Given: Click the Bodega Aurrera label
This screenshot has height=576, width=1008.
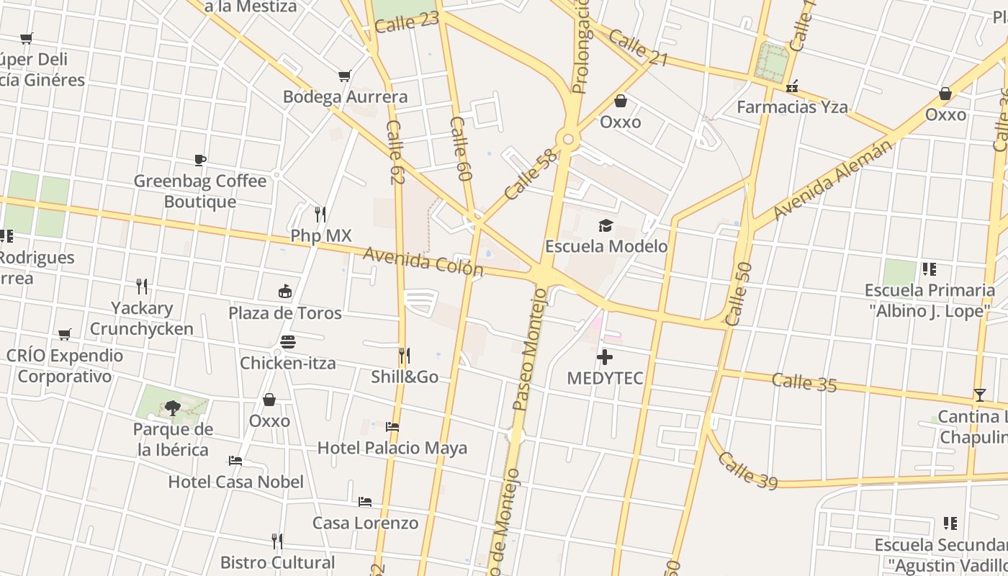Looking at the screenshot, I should pyautogui.click(x=345, y=96).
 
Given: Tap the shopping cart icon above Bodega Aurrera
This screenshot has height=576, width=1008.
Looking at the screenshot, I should pyautogui.click(x=345, y=76).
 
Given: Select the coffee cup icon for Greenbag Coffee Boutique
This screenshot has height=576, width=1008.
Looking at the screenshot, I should pyautogui.click(x=200, y=159).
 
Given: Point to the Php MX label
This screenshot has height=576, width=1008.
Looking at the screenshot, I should pyautogui.click(x=320, y=235).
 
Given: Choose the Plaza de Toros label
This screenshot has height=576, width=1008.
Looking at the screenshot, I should pyautogui.click(x=285, y=313).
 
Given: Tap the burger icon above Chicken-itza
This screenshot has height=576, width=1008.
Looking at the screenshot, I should pyautogui.click(x=288, y=341).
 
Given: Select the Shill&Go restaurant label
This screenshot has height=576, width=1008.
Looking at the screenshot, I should pyautogui.click(x=405, y=377).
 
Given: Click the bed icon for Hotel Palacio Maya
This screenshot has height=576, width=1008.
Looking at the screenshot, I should pyautogui.click(x=392, y=427).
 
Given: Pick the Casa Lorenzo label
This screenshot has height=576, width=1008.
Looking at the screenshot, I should pyautogui.click(x=365, y=523).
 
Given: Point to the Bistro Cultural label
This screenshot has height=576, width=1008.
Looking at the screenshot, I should pyautogui.click(x=277, y=562).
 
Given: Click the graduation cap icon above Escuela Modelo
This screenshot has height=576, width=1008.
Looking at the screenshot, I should pyautogui.click(x=606, y=225).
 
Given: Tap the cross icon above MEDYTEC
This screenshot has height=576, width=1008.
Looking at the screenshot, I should pyautogui.click(x=605, y=357).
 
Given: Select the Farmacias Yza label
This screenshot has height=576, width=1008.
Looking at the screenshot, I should pyautogui.click(x=792, y=107).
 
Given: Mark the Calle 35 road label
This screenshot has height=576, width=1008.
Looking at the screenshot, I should pyautogui.click(x=804, y=382).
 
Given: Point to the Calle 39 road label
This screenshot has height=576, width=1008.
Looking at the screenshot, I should pyautogui.click(x=748, y=470).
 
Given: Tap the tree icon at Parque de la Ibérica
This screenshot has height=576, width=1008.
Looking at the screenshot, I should pyautogui.click(x=172, y=408).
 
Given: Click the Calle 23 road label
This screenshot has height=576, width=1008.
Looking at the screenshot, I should pyautogui.click(x=407, y=22).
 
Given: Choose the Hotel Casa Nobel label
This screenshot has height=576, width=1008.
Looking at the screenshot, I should pyautogui.click(x=236, y=482).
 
